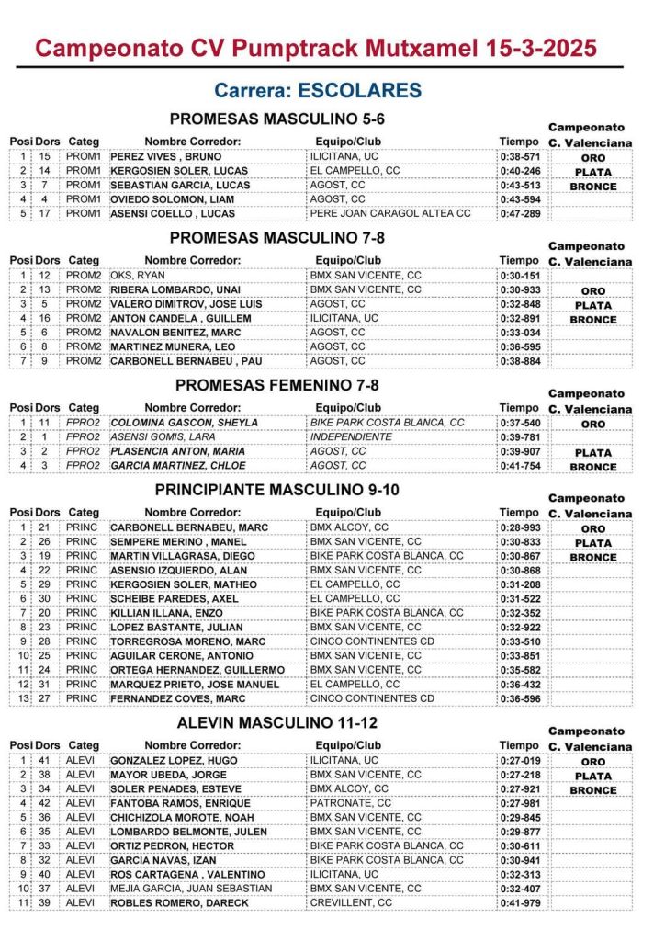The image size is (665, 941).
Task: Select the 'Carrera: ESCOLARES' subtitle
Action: tap(318, 90)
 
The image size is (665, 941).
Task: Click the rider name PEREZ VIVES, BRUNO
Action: tap(165, 157)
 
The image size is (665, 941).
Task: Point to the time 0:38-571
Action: tap(520, 157)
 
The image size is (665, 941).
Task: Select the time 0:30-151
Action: tap(520, 275)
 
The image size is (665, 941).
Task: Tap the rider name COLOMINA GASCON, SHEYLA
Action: tap(184, 423)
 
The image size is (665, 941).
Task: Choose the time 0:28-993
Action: tap(520, 528)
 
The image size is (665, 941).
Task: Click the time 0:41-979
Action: tap(520, 903)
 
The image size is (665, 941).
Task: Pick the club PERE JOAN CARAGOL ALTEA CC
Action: tap(390, 213)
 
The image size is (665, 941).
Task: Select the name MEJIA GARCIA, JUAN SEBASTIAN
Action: tap(191, 889)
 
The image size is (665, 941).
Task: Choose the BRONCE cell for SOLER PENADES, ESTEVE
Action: tap(592, 790)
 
